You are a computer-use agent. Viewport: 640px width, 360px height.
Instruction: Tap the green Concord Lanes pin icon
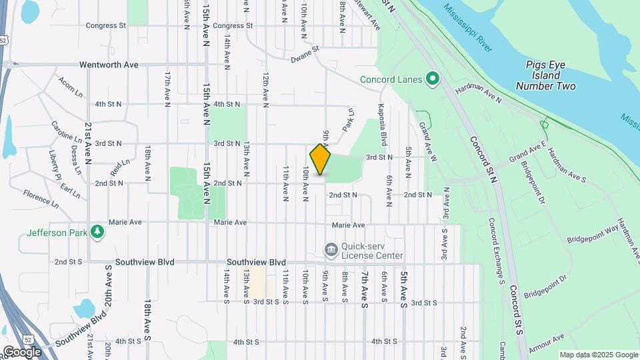432,80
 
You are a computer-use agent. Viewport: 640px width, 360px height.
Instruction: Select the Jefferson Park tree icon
98,232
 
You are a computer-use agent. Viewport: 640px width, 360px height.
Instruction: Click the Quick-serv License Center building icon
330,250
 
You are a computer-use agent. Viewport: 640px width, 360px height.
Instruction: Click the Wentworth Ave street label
109,65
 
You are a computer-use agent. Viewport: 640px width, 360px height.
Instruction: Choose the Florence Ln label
41,197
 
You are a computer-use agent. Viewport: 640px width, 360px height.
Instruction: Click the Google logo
22,351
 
